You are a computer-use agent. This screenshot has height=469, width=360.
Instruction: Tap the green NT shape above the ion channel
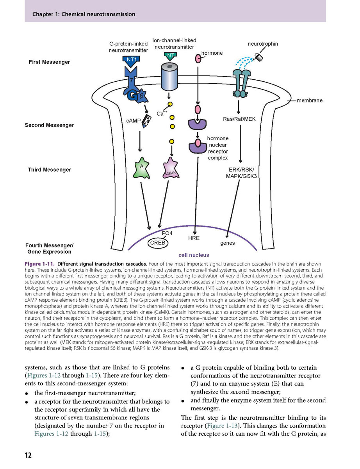pos(170,57)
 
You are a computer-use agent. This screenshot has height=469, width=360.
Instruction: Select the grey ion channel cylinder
pos(169,77)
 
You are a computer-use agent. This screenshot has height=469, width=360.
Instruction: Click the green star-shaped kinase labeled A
pos(141,168)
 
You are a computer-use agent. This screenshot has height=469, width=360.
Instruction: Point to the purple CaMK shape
pos(171,168)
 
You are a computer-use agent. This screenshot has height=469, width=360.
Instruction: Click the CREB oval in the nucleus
pos(158,243)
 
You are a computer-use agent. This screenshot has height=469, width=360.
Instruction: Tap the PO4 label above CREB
pos(167,233)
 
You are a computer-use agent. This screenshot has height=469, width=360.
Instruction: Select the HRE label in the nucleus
pos(194,238)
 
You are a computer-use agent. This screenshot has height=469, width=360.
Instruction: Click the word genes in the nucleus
pos(227,243)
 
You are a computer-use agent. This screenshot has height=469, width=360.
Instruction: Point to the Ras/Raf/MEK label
pos(239,119)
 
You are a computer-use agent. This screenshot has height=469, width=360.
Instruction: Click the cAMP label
pos(133,121)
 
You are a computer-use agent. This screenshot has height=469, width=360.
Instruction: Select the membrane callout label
pos(310,100)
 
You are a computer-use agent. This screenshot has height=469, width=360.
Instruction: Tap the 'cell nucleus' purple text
pos(194,255)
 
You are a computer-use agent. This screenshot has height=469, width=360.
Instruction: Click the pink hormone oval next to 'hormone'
pos(198,59)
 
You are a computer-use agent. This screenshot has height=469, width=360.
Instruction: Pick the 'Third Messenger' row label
pos(49,170)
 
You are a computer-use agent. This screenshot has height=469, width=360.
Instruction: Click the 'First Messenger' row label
pos(49,62)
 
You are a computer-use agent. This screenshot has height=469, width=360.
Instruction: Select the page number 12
pos(28,455)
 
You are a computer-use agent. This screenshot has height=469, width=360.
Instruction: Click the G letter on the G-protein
pos(131,96)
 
